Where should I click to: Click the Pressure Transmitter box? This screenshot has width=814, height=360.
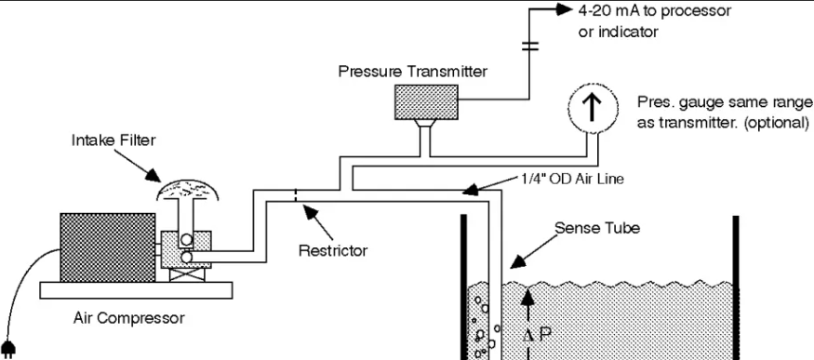coord(426,102)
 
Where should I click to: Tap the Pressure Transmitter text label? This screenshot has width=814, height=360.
coord(413,71)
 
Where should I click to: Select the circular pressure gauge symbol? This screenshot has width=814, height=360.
coord(593,107)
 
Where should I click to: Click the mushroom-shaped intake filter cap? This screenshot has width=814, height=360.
coord(187,190)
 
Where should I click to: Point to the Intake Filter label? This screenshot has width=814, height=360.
coord(113,140)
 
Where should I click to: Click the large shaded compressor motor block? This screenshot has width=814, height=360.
coord(108,247)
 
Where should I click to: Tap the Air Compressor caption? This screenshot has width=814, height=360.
coord(128,317)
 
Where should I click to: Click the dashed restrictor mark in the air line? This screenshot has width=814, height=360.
coord(296,195)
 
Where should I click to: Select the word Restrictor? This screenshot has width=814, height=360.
coord(333,250)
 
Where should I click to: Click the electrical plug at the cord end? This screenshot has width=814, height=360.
coord(7,349)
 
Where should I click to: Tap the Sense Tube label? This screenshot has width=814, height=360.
coord(597,228)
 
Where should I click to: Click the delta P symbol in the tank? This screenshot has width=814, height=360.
coord(536,334)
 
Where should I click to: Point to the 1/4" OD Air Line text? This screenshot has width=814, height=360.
coord(572,179)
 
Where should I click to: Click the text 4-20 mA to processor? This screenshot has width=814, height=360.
coord(655,10)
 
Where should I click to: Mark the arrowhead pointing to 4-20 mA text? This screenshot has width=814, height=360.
coord(564,8)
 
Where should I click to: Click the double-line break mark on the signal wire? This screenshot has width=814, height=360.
coord(529,47)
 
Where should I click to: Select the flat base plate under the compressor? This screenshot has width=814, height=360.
coord(136,290)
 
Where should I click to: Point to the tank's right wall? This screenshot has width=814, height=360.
coord(736,287)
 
